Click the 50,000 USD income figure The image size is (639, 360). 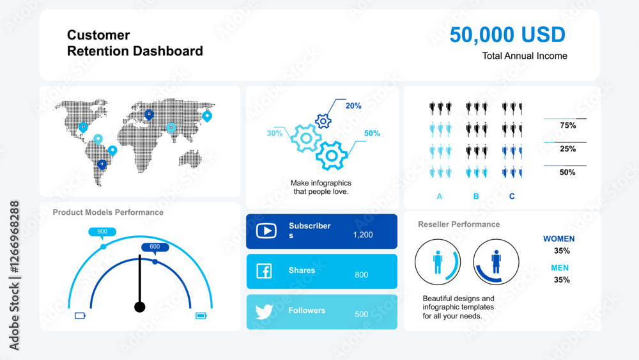click(507, 35)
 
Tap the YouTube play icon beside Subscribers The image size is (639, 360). click(266, 231)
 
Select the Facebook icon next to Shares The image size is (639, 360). click(264, 270)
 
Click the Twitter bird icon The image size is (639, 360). click(264, 311)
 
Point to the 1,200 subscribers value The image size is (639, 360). click(363, 235)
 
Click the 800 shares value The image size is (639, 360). click(362, 275)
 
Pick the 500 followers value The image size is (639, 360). click(362, 315)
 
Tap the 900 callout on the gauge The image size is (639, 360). click(102, 232)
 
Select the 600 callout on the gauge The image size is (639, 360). click(155, 247)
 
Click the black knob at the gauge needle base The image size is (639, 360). click(140, 307)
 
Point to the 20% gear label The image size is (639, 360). click(353, 106)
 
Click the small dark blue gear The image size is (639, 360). click(323, 121)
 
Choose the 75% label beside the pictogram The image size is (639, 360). click(567, 125)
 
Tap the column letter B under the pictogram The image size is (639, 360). click(476, 196)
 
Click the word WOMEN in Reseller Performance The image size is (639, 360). click(558, 239)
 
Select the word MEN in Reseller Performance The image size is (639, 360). click(560, 268)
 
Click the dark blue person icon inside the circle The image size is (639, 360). click(496, 262)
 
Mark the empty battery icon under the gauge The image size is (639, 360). click(80, 316)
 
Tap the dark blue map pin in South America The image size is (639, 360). click(102, 164)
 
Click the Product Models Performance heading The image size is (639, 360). click(108, 212)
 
